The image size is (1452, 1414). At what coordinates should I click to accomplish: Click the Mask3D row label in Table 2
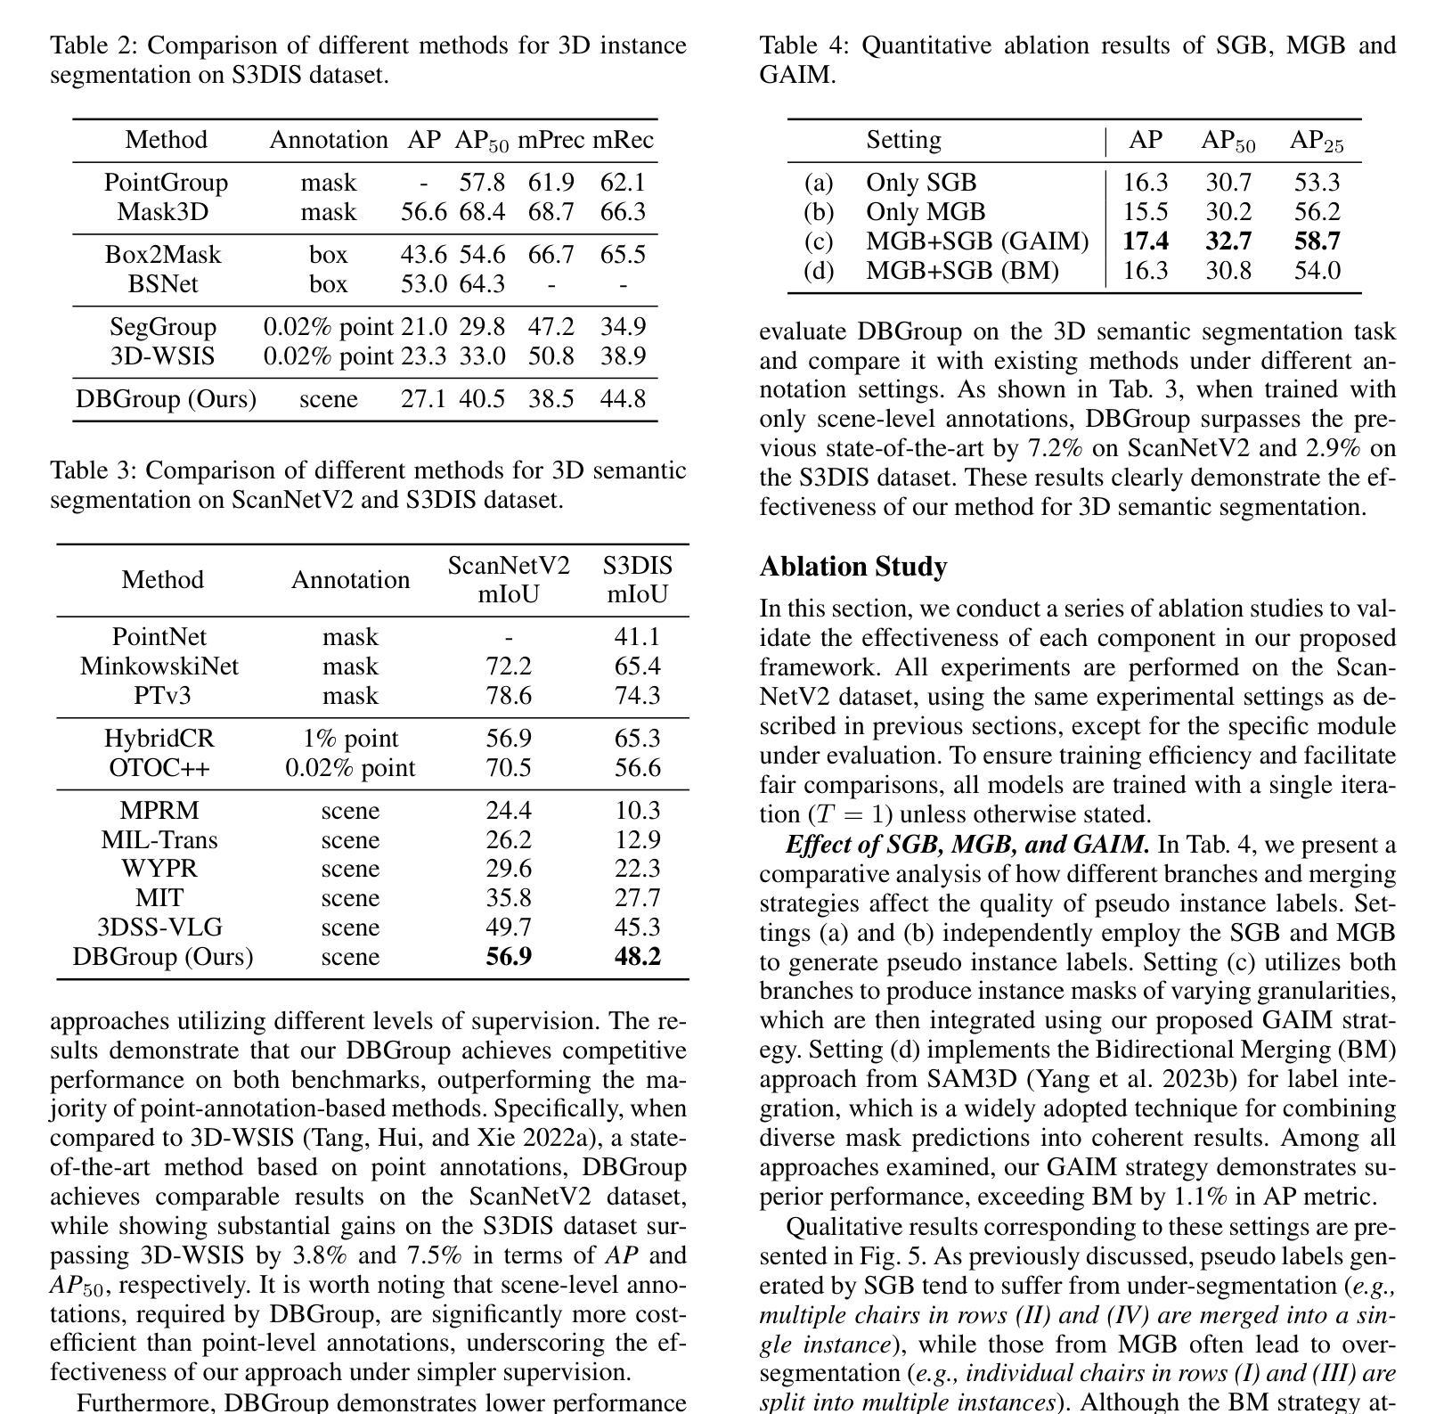point(162,212)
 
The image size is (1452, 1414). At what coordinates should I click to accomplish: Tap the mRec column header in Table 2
point(623,140)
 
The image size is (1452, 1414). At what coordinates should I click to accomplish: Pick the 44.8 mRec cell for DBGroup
point(623,398)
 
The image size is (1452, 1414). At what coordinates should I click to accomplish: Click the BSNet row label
point(163,284)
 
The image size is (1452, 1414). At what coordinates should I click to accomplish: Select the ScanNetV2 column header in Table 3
point(509,566)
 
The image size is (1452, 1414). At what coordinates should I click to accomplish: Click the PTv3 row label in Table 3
point(162,696)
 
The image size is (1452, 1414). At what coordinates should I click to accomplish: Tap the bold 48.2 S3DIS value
point(637,957)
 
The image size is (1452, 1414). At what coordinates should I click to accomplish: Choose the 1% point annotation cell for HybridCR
point(350,739)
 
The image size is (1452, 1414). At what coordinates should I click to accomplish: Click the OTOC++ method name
point(159,768)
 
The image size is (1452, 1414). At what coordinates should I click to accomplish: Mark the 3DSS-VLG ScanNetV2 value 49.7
point(509,928)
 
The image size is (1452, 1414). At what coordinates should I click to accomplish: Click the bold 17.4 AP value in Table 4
point(1146,241)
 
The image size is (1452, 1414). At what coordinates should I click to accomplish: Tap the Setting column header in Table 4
point(903,140)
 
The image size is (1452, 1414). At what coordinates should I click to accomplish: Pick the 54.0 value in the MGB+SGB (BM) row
point(1317,271)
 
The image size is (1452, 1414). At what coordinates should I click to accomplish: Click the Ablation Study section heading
point(853,567)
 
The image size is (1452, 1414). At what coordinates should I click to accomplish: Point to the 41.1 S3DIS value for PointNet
point(637,637)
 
